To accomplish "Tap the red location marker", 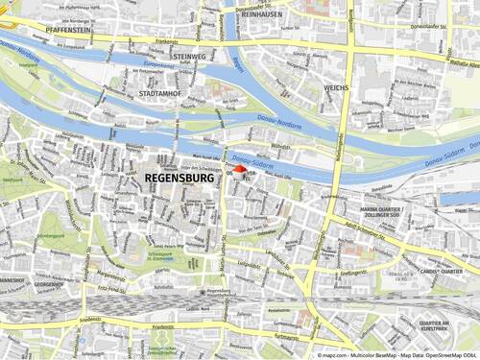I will point(240,169).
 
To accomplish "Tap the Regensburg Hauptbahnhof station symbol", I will point(201,292).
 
